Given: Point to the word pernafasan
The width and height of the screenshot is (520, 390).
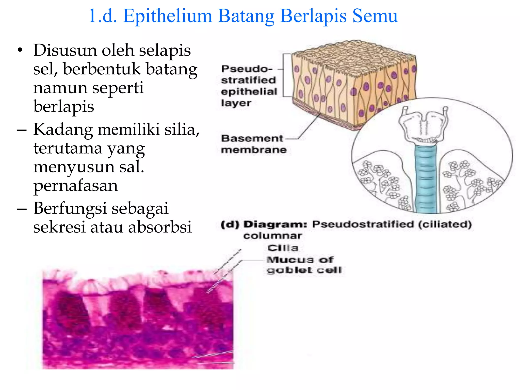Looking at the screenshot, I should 76,186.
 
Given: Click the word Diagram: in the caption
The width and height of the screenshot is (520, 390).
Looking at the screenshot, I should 275,224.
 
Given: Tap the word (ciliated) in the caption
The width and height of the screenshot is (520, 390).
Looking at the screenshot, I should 445,224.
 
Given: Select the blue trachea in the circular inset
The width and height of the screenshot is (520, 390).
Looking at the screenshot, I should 426,178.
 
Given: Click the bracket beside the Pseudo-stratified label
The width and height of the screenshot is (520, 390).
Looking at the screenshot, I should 284,75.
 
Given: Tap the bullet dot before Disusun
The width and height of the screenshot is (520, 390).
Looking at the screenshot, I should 20,50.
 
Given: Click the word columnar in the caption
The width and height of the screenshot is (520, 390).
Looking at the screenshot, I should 272,236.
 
